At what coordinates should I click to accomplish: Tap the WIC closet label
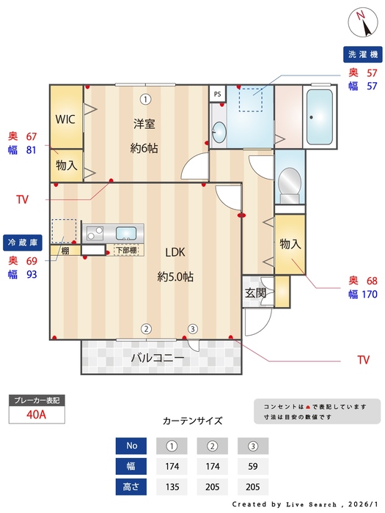pyautogui.click(x=66, y=119)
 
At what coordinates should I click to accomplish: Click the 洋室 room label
pyautogui.click(x=144, y=123)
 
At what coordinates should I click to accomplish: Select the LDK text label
pyautogui.click(x=175, y=252)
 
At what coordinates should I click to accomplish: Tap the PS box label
pyautogui.click(x=216, y=94)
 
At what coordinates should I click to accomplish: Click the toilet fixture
pyautogui.click(x=290, y=182)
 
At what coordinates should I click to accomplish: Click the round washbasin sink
pyautogui.click(x=219, y=132)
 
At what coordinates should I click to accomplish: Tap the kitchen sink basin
pyautogui.click(x=126, y=234)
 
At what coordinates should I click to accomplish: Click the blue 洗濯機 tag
pyautogui.click(x=363, y=55)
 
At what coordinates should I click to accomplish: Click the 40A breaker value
pyautogui.click(x=37, y=414)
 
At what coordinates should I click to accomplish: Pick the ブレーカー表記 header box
pyautogui.click(x=37, y=400)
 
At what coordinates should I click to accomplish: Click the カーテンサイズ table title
pyautogui.click(x=192, y=421)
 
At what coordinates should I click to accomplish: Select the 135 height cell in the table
pyautogui.click(x=172, y=486)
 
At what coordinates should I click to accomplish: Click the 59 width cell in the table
pyautogui.click(x=253, y=465)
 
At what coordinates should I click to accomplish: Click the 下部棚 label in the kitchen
pyautogui.click(x=126, y=251)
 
